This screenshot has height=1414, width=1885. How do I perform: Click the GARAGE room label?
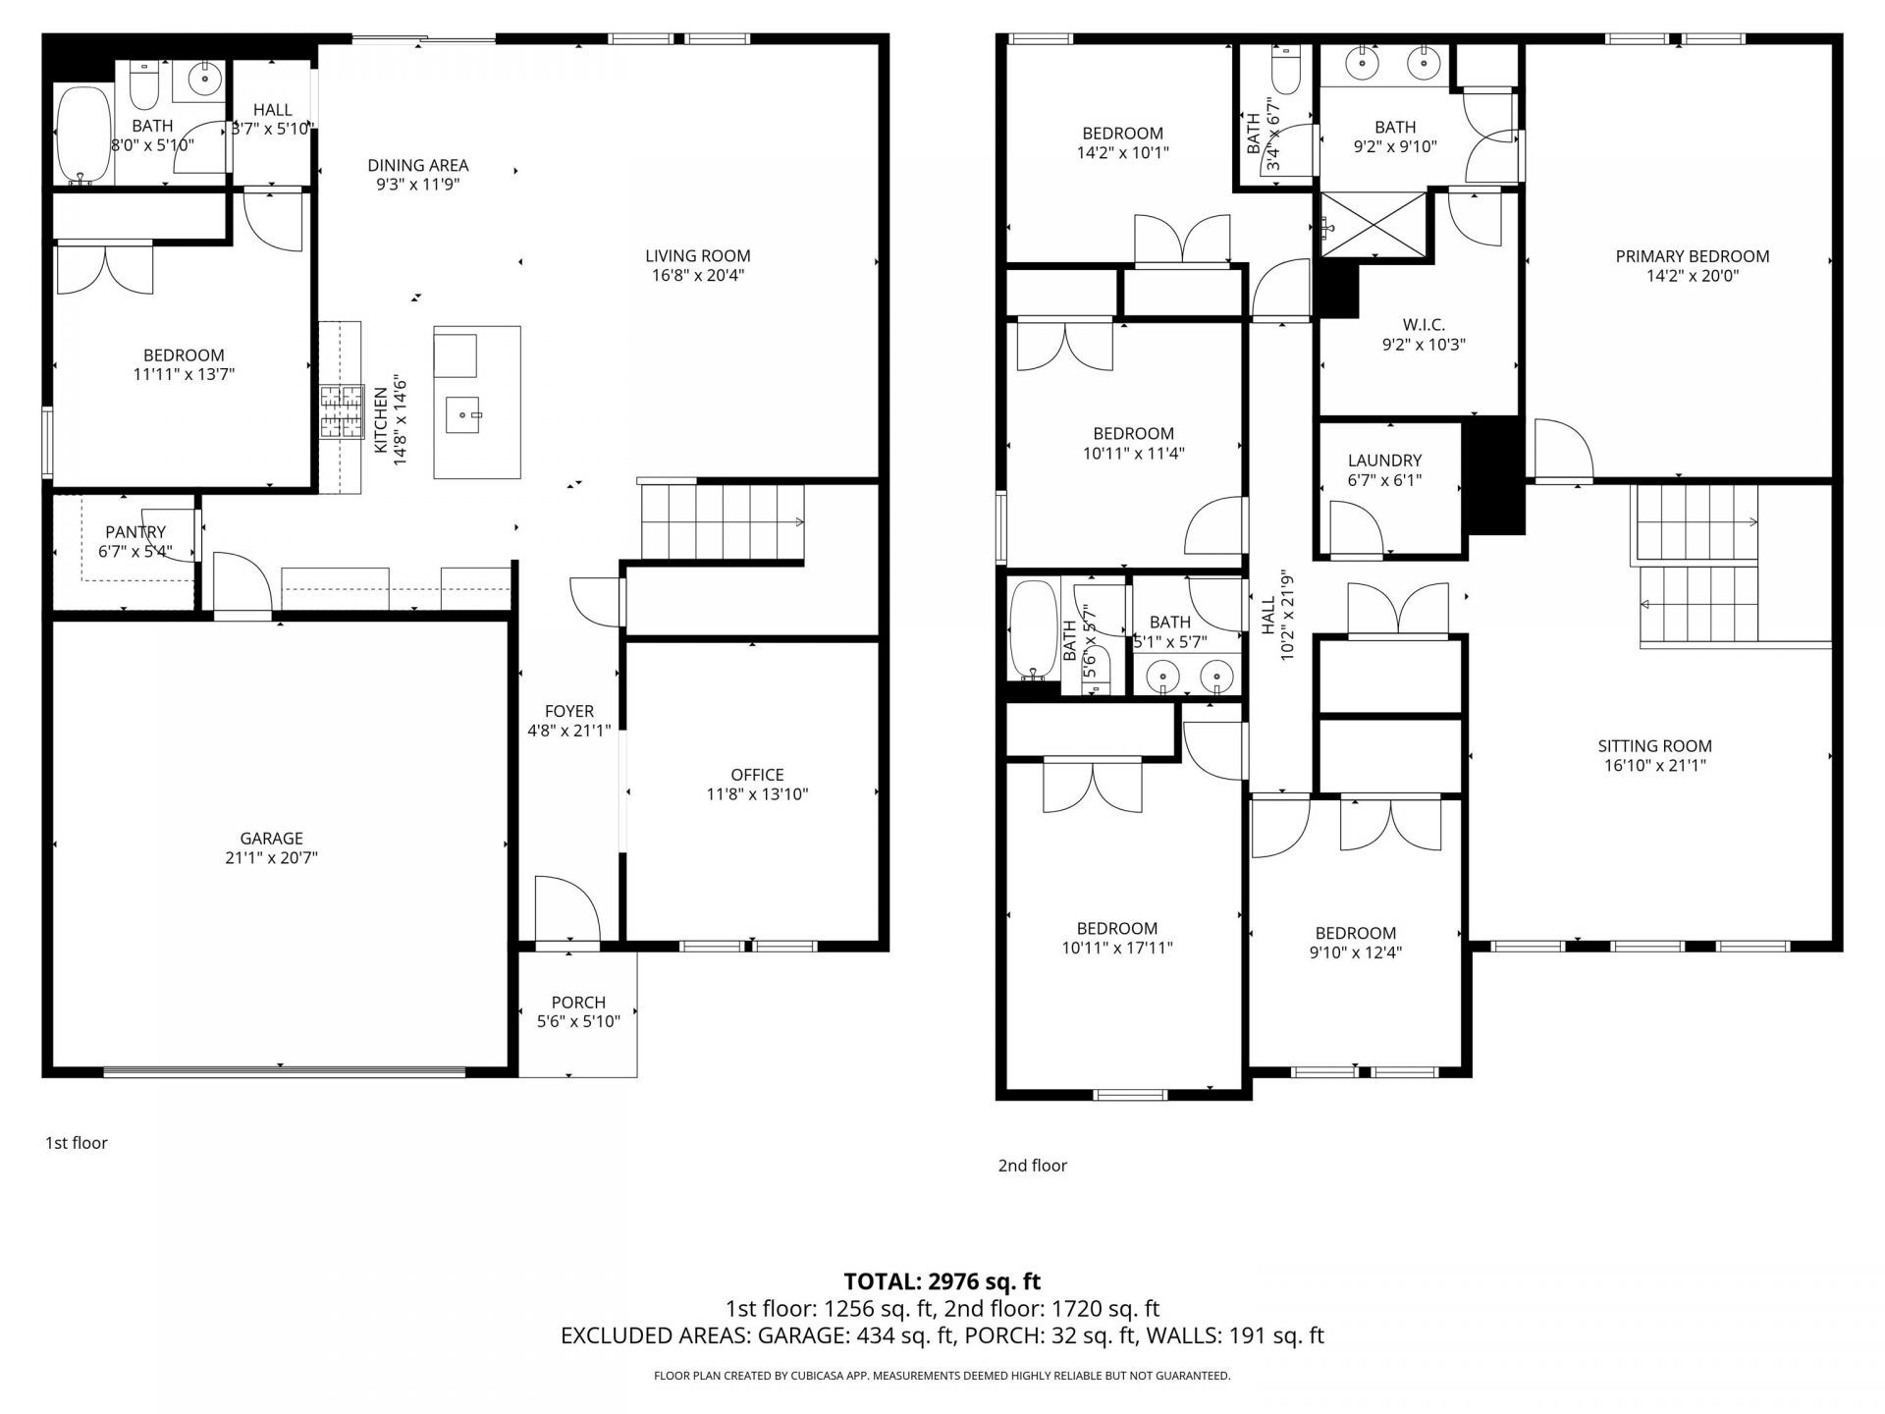click(271, 839)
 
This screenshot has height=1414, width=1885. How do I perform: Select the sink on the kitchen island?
click(462, 414)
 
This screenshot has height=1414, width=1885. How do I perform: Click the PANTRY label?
click(135, 532)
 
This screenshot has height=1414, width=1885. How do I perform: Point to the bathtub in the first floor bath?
click(82, 136)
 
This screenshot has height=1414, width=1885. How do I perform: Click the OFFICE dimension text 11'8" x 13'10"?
click(757, 794)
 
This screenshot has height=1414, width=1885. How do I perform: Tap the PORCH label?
click(578, 1003)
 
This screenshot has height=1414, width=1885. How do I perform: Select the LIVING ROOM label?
click(697, 256)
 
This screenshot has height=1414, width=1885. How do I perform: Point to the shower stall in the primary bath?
click(1373, 225)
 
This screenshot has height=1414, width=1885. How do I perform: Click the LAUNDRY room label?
click(1384, 461)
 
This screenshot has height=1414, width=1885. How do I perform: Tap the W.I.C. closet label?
click(1424, 325)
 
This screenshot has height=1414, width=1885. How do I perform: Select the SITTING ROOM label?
click(1654, 746)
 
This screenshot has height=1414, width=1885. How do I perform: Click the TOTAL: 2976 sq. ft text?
click(942, 1281)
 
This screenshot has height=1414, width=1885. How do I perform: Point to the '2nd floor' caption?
click(1032, 1166)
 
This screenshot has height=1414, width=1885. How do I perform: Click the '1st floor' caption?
click(77, 1143)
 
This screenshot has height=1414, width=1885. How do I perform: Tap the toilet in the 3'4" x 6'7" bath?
click(1284, 68)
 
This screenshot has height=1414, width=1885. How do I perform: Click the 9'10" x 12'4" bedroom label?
click(1355, 933)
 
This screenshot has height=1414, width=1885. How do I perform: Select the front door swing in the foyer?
click(566, 908)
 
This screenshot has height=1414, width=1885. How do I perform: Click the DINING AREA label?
click(417, 165)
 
